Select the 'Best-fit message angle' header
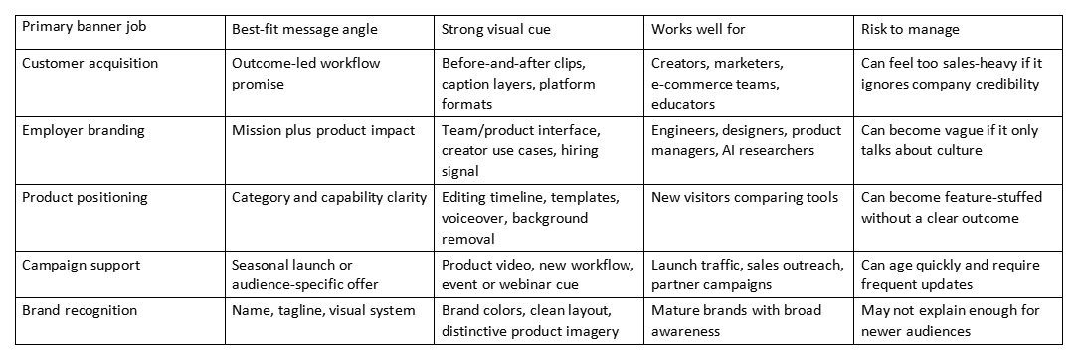[x=304, y=30]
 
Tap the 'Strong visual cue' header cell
[x=495, y=30]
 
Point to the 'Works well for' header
[x=698, y=30]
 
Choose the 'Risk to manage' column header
[x=910, y=30]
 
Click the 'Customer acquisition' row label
[x=90, y=64]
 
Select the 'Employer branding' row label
[x=84, y=130]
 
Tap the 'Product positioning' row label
[x=86, y=197]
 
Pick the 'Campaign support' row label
[x=82, y=265]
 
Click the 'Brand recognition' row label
[x=80, y=310]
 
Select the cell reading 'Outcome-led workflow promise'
[x=306, y=74]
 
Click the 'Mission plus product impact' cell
[x=323, y=130]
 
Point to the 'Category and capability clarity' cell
[x=329, y=198]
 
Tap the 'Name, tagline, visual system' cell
[x=323, y=311]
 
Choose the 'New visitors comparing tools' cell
[x=745, y=198]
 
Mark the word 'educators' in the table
[x=683, y=105]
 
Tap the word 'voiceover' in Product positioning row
[x=471, y=218]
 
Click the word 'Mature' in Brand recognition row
[x=673, y=310]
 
